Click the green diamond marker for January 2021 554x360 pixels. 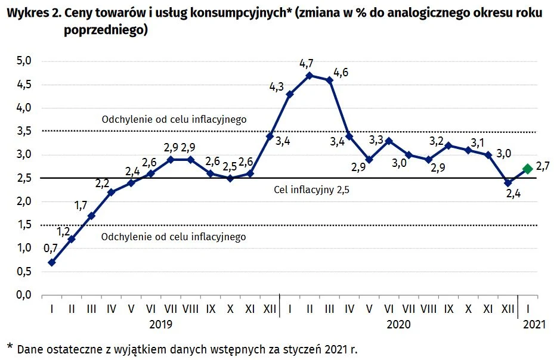[528, 169]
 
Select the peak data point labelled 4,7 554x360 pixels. [310, 75]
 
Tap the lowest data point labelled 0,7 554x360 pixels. [52, 262]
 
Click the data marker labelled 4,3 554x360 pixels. [290, 94]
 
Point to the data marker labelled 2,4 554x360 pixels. [508, 183]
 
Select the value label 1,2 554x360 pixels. [64, 229]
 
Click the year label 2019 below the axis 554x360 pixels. [160, 324]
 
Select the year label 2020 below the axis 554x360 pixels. [398, 324]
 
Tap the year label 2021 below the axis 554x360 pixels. [533, 324]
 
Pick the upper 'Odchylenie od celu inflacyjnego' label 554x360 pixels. [174, 119]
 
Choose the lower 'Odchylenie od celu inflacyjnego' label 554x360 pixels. [174, 237]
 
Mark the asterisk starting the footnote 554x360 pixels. [10, 346]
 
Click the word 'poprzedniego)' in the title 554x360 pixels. [105, 31]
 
